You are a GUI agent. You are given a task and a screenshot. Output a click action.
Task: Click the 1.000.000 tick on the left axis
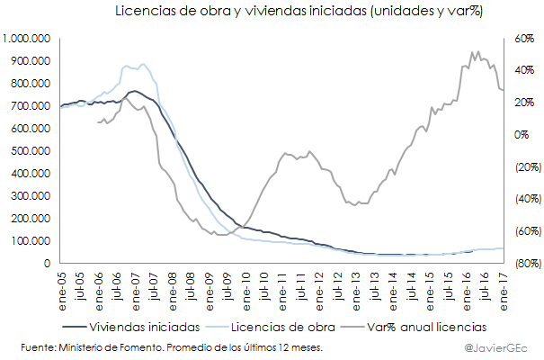pos(27,39)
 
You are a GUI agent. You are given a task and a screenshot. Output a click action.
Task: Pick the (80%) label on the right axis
pos(528,264)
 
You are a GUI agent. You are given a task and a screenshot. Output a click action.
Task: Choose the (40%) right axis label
pos(528,199)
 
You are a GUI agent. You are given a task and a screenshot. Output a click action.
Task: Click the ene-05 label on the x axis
pos(64,286)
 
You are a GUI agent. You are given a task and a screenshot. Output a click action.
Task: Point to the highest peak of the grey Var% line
pos(477,51)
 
